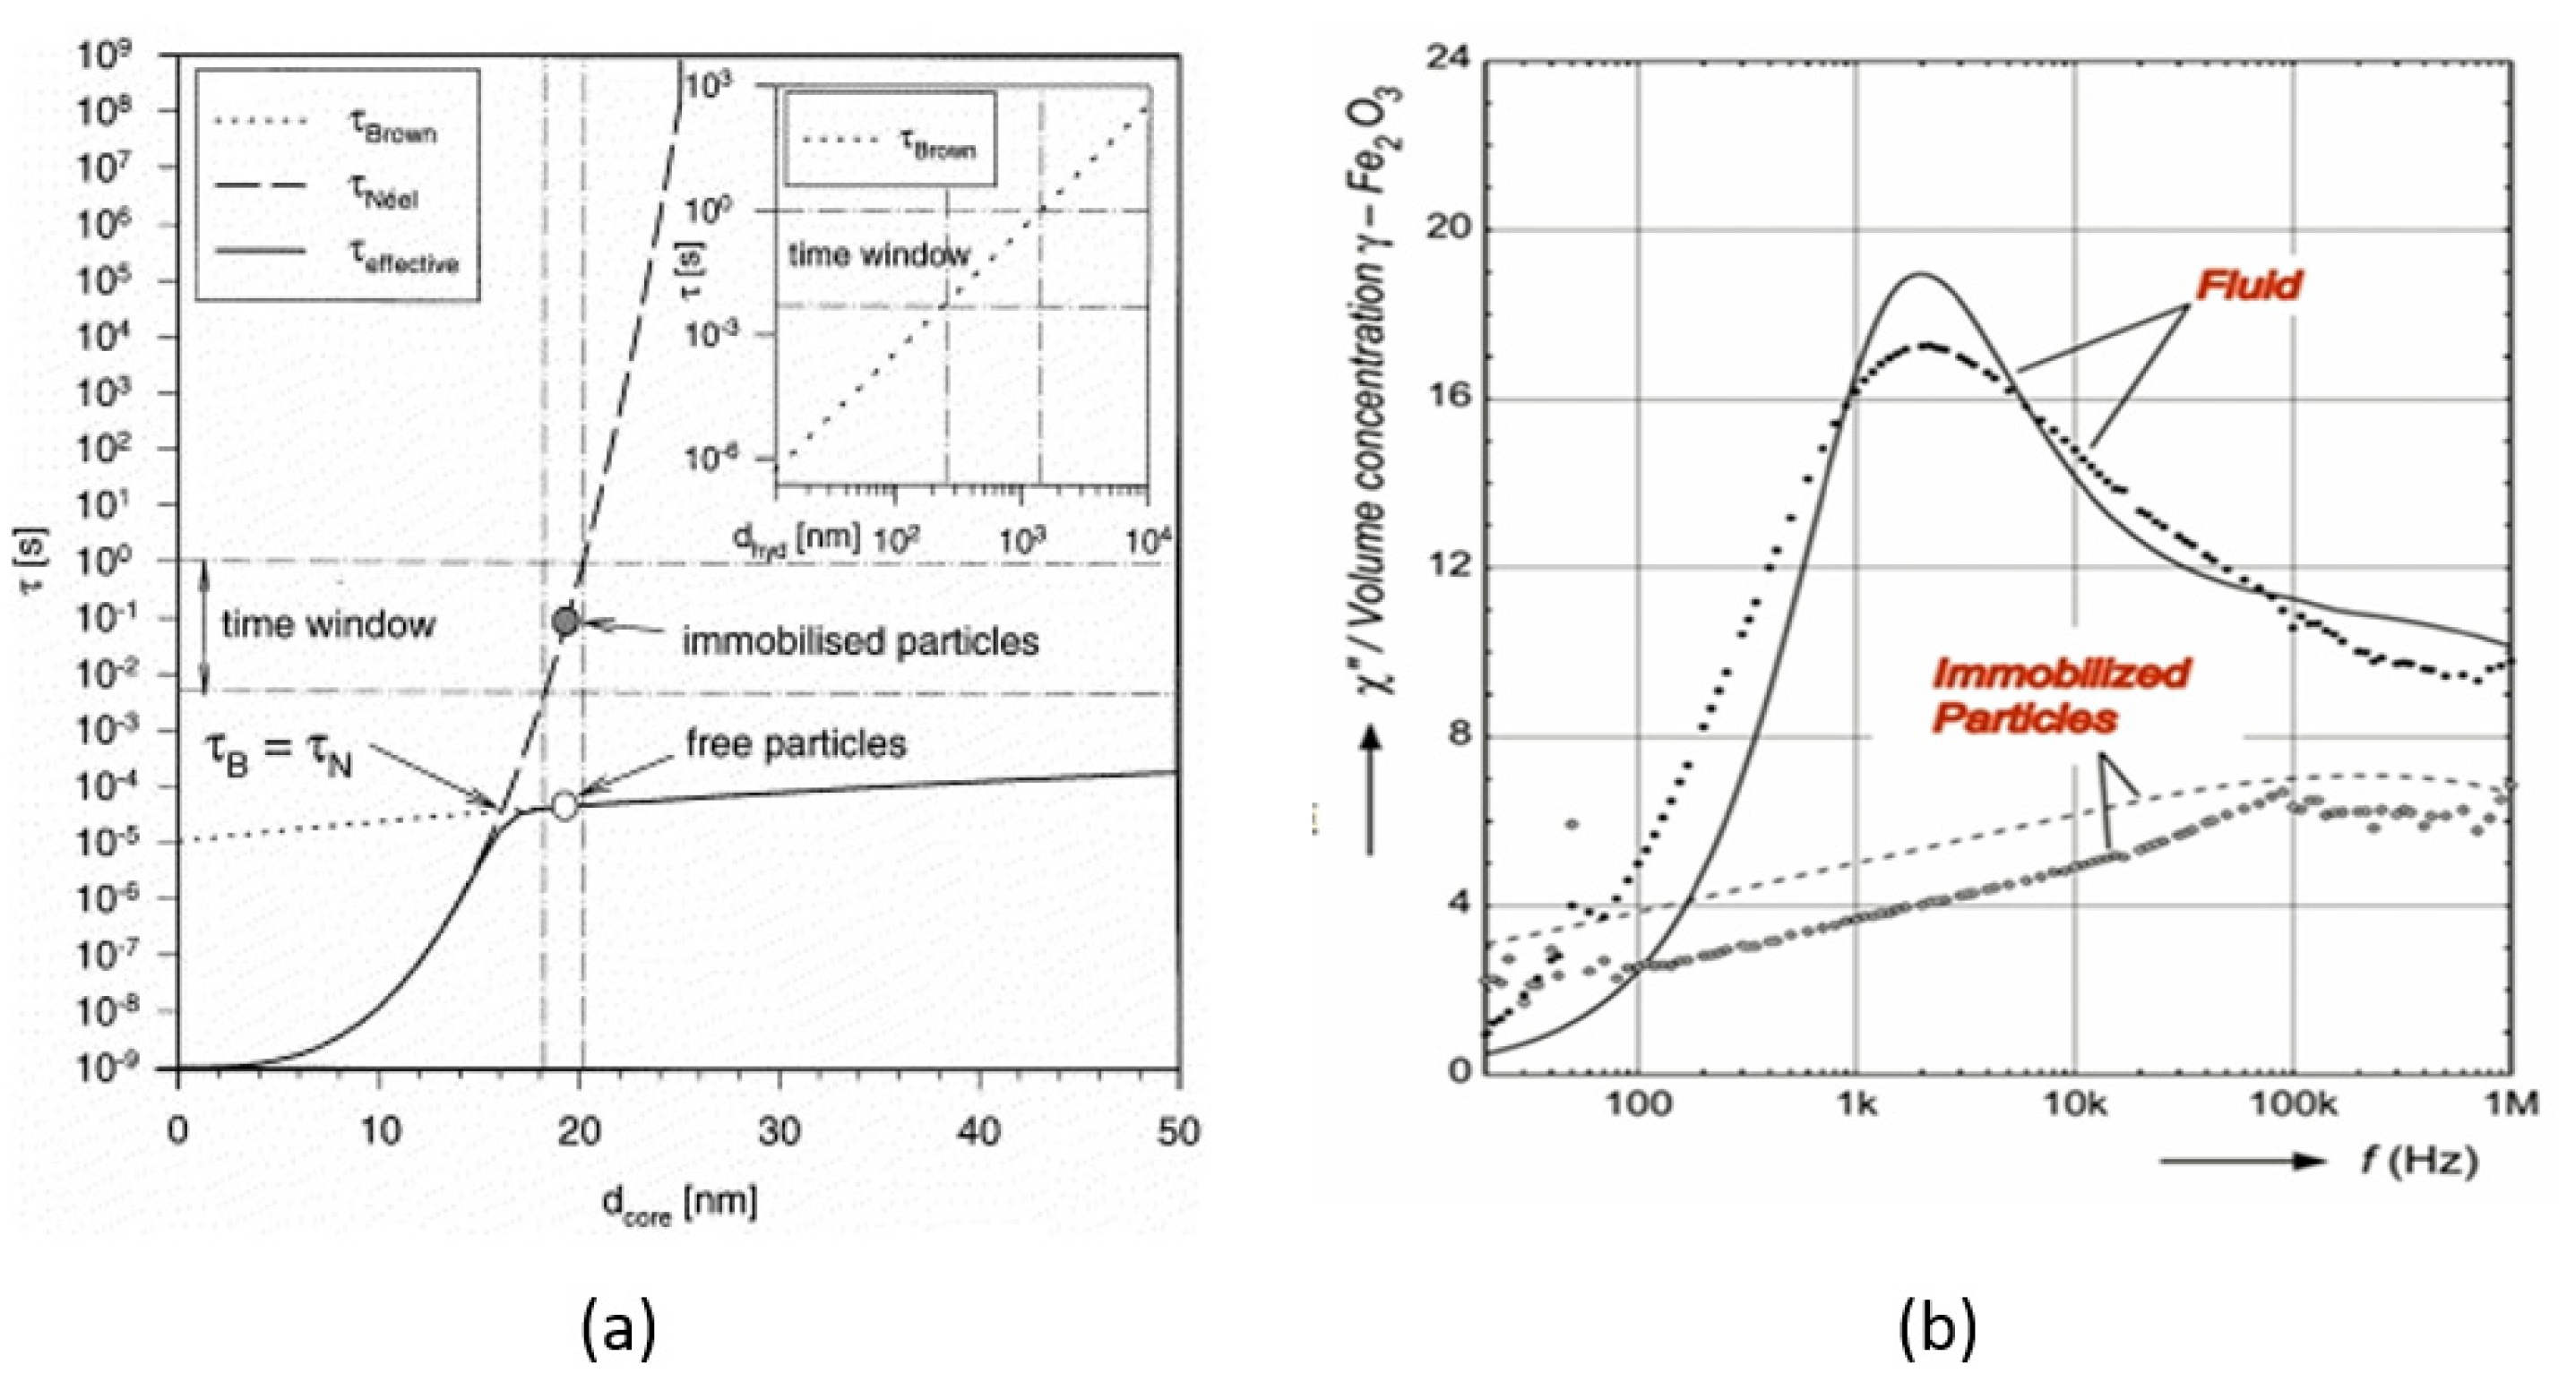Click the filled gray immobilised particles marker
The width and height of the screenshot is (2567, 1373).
click(565, 622)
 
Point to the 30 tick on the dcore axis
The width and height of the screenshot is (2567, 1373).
click(780, 1132)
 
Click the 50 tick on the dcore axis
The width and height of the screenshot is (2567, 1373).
click(1179, 1132)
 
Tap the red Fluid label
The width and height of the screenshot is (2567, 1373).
click(2249, 286)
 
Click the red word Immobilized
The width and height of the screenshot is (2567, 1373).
click(2060, 674)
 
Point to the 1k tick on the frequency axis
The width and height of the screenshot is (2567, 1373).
click(1856, 1104)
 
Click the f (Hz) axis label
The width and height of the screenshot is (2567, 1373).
click(2419, 1160)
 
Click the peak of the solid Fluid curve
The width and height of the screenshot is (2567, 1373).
click(1920, 274)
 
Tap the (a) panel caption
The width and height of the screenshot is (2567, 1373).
click(619, 1328)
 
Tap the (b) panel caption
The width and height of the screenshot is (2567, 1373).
click(1936, 1328)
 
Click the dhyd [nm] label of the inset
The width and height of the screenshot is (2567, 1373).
click(797, 539)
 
